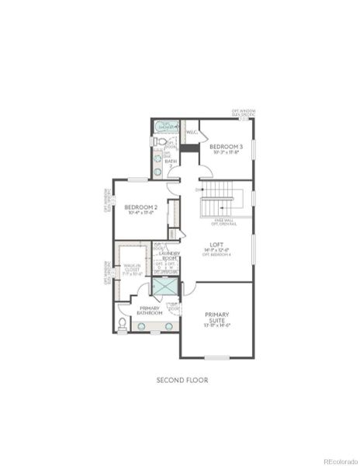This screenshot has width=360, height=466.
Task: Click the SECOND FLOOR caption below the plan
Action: tap(182, 380)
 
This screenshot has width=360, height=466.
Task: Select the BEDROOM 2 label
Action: tap(141, 207)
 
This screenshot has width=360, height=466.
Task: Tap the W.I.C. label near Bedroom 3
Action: tap(191, 132)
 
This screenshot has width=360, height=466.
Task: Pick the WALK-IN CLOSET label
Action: tap(132, 269)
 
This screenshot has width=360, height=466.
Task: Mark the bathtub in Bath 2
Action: tap(166, 127)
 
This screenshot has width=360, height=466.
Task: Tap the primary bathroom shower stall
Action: tap(165, 286)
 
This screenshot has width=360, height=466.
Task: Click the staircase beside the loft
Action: tap(217, 204)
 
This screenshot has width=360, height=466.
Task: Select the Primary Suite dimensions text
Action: tap(217, 325)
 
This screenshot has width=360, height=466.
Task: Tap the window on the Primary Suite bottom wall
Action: tap(217, 357)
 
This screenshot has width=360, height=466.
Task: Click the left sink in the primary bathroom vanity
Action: tap(143, 326)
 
